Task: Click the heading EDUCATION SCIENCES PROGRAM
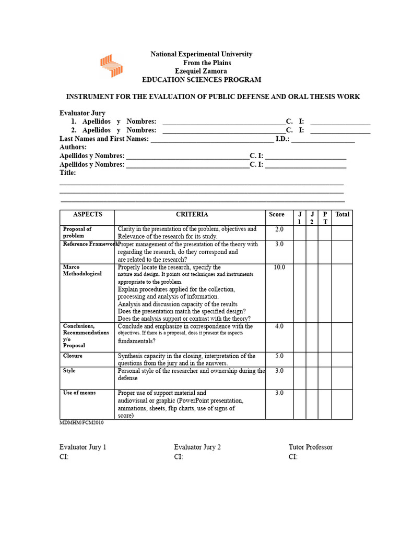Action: tap(202, 80)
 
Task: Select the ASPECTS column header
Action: tap(88, 214)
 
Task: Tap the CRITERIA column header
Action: tap(192, 214)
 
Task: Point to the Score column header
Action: tap(277, 214)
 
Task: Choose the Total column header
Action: tap(342, 214)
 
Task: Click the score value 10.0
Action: tap(279, 268)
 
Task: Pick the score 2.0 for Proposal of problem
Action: tap(279, 229)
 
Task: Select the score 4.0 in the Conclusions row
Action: tap(279, 326)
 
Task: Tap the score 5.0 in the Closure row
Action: tap(279, 356)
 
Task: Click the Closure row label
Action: tap(73, 356)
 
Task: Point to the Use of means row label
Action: tap(79, 393)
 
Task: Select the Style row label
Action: tap(69, 371)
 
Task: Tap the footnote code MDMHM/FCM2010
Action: tap(81, 423)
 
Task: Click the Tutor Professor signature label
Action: tap(310, 447)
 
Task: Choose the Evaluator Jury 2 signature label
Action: tap(197, 447)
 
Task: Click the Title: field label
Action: tap(68, 173)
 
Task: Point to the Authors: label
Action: tap(73, 148)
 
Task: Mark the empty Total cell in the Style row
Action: tap(342, 377)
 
